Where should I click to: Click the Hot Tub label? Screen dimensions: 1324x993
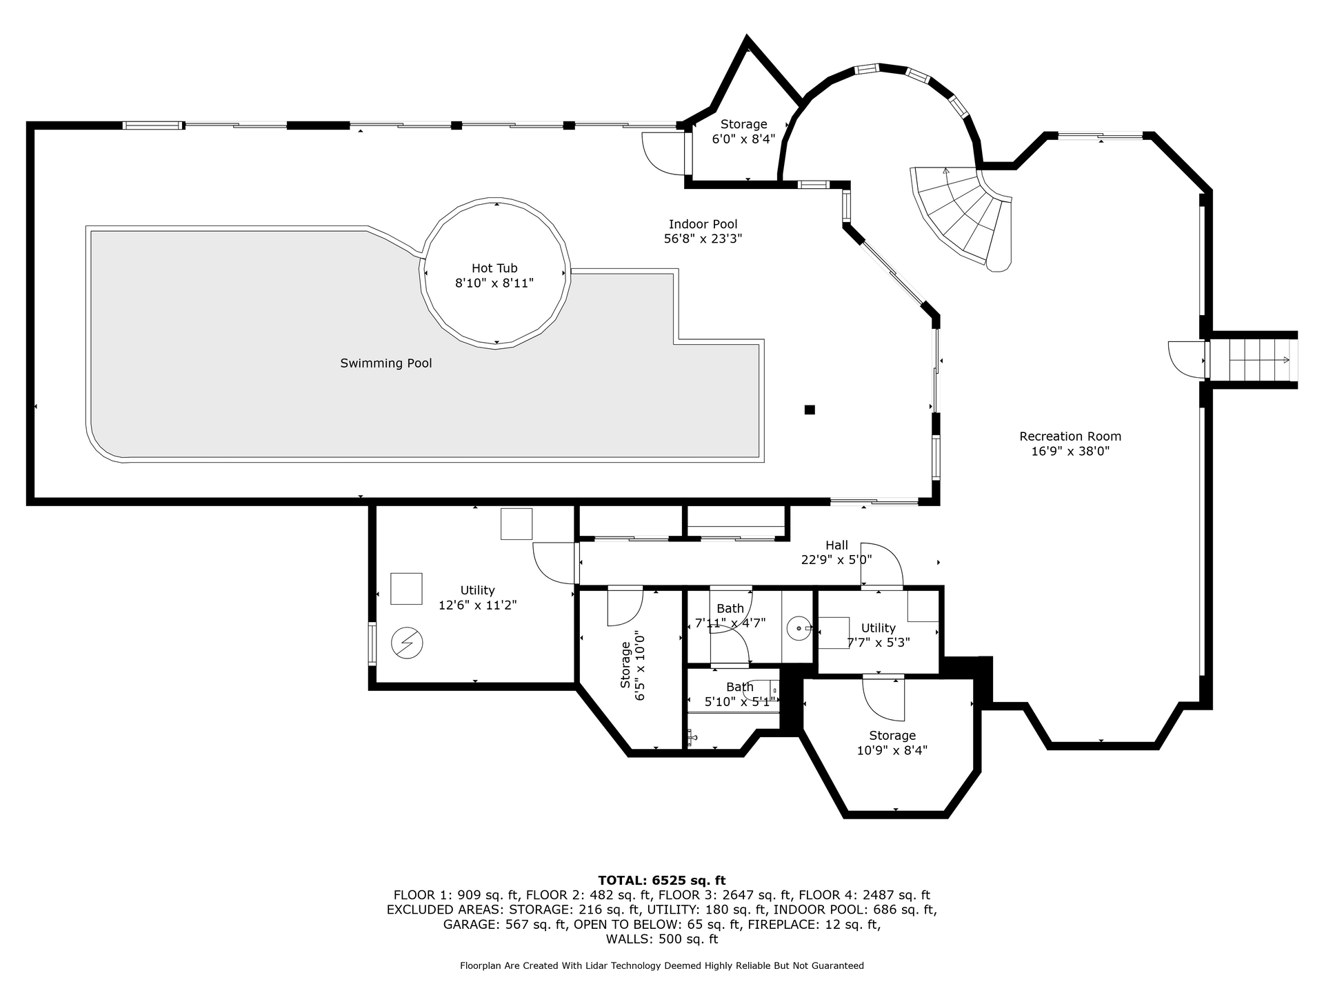click(494, 268)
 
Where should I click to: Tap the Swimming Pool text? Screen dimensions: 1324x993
click(386, 363)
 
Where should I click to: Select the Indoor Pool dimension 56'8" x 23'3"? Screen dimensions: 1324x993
click(703, 239)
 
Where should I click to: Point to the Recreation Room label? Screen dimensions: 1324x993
click(1070, 436)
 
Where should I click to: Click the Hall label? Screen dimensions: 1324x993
click(836, 545)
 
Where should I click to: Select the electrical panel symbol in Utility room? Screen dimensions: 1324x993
click(407, 643)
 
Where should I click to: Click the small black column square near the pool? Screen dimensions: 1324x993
click(810, 410)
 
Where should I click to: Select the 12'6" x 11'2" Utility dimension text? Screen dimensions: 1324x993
click(478, 605)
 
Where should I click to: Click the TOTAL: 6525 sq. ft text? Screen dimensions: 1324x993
click(662, 880)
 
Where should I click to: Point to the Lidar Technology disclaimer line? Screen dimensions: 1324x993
click(662, 965)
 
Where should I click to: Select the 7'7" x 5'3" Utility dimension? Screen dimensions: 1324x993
click(879, 642)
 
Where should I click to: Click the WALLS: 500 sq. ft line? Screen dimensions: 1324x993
click(662, 939)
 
